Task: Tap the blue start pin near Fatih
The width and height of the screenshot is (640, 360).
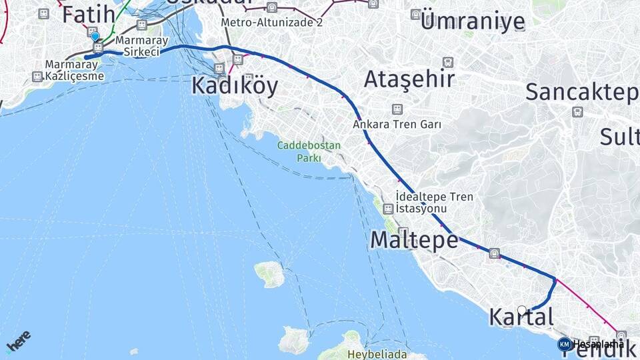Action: point(95,37)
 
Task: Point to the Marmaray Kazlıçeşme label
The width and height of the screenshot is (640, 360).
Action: point(75,70)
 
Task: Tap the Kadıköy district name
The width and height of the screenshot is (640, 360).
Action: point(235,86)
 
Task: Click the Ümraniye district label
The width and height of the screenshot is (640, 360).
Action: point(473,21)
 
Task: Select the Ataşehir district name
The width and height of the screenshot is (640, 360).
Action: point(409,79)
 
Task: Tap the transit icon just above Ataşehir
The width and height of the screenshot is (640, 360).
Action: point(448,62)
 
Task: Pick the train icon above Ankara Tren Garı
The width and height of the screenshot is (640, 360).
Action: point(397,109)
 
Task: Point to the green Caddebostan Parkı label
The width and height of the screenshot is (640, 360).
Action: point(309,151)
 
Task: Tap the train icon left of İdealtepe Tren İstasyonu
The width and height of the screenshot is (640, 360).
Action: point(388,209)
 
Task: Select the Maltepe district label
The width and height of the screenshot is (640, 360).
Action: point(414,239)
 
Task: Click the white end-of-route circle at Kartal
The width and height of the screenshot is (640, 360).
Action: point(522,310)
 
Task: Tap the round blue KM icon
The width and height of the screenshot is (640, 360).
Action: point(565,344)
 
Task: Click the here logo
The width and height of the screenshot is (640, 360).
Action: point(18,341)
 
